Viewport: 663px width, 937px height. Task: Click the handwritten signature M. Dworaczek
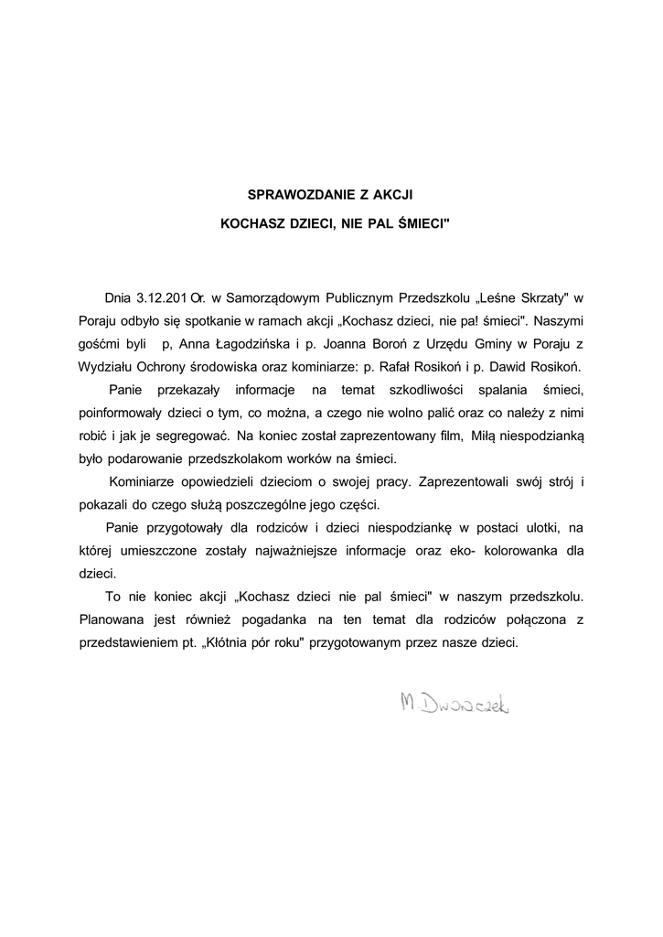tap(454, 704)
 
